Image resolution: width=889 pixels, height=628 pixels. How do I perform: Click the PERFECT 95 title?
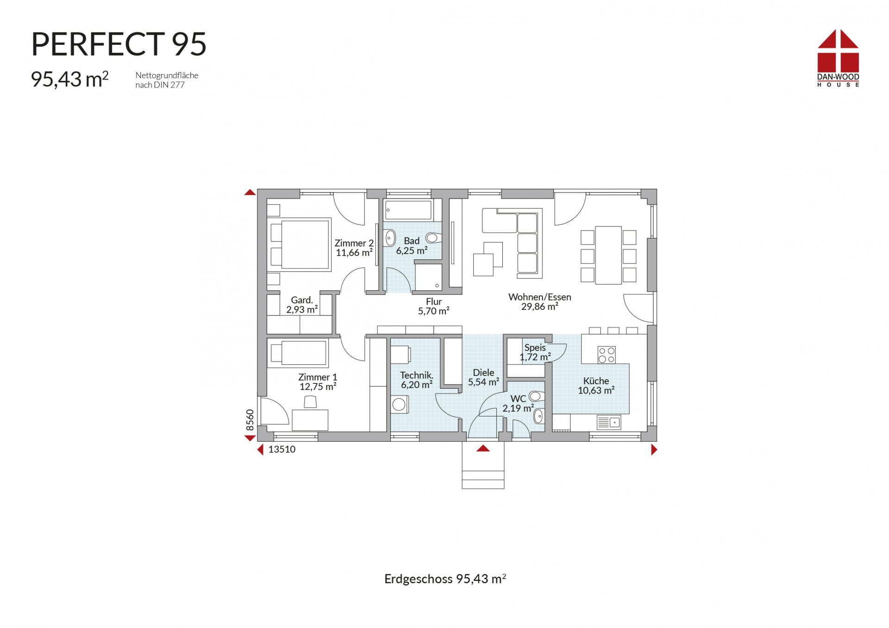coord(119,44)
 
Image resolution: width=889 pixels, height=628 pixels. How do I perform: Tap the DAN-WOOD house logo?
coord(838,58)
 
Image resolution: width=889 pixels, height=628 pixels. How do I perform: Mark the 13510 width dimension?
coord(282,449)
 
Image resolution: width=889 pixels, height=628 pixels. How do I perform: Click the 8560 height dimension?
coord(250,420)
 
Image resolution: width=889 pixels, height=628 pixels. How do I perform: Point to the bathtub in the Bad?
coord(409,210)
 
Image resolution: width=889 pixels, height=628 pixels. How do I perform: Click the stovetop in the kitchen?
coord(607,355)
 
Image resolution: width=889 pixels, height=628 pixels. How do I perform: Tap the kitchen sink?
coord(609,422)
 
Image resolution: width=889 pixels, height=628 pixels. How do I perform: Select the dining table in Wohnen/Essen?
coord(608,255)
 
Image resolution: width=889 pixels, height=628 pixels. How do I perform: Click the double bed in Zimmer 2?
coord(300,244)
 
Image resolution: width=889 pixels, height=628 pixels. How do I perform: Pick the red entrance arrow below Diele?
coord(483,448)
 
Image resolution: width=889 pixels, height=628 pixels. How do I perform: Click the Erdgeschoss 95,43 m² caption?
coord(445,579)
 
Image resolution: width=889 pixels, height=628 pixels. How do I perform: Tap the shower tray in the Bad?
coord(428,277)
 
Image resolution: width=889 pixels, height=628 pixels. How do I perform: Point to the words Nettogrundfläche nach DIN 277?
coord(167,80)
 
